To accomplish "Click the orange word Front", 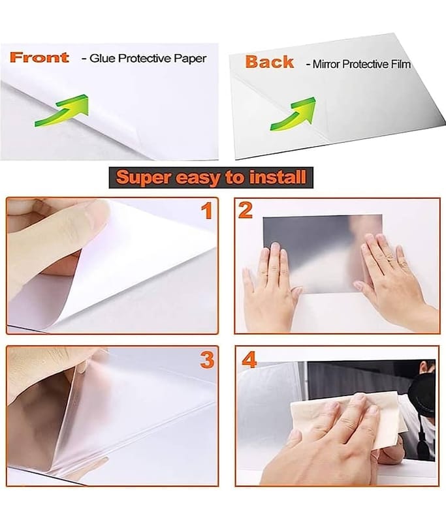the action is pyautogui.click(x=39, y=57).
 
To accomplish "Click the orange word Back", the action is pyautogui.click(x=270, y=62).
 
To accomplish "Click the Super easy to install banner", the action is pyautogui.click(x=211, y=177).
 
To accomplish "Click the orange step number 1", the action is pyautogui.click(x=207, y=211).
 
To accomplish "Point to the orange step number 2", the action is pyautogui.click(x=245, y=210).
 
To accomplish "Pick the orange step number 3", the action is pyautogui.click(x=207, y=360).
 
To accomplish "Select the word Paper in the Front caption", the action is pyautogui.click(x=191, y=59).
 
